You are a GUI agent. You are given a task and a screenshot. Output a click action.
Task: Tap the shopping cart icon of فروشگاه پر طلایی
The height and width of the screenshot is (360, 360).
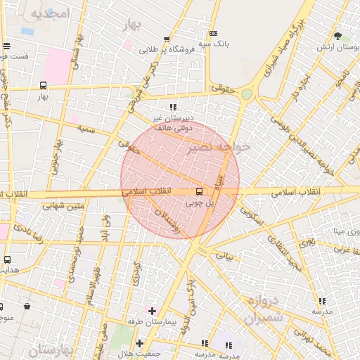[x=166, y=40]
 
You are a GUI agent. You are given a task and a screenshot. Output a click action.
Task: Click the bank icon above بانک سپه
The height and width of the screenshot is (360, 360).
[x=214, y=32]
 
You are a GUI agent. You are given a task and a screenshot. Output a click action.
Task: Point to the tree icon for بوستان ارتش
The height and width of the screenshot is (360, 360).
[x=337, y=36]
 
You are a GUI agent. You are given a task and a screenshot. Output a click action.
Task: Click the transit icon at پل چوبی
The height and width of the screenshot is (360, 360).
[x=200, y=191]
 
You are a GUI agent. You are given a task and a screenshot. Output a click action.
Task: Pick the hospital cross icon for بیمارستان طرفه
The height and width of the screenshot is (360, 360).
[x=152, y=310]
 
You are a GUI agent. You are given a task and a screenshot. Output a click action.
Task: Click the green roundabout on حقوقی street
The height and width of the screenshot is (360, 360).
[x=247, y=94]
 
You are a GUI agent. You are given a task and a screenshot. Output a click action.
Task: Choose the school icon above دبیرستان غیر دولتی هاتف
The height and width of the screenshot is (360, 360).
[x=173, y=107]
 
